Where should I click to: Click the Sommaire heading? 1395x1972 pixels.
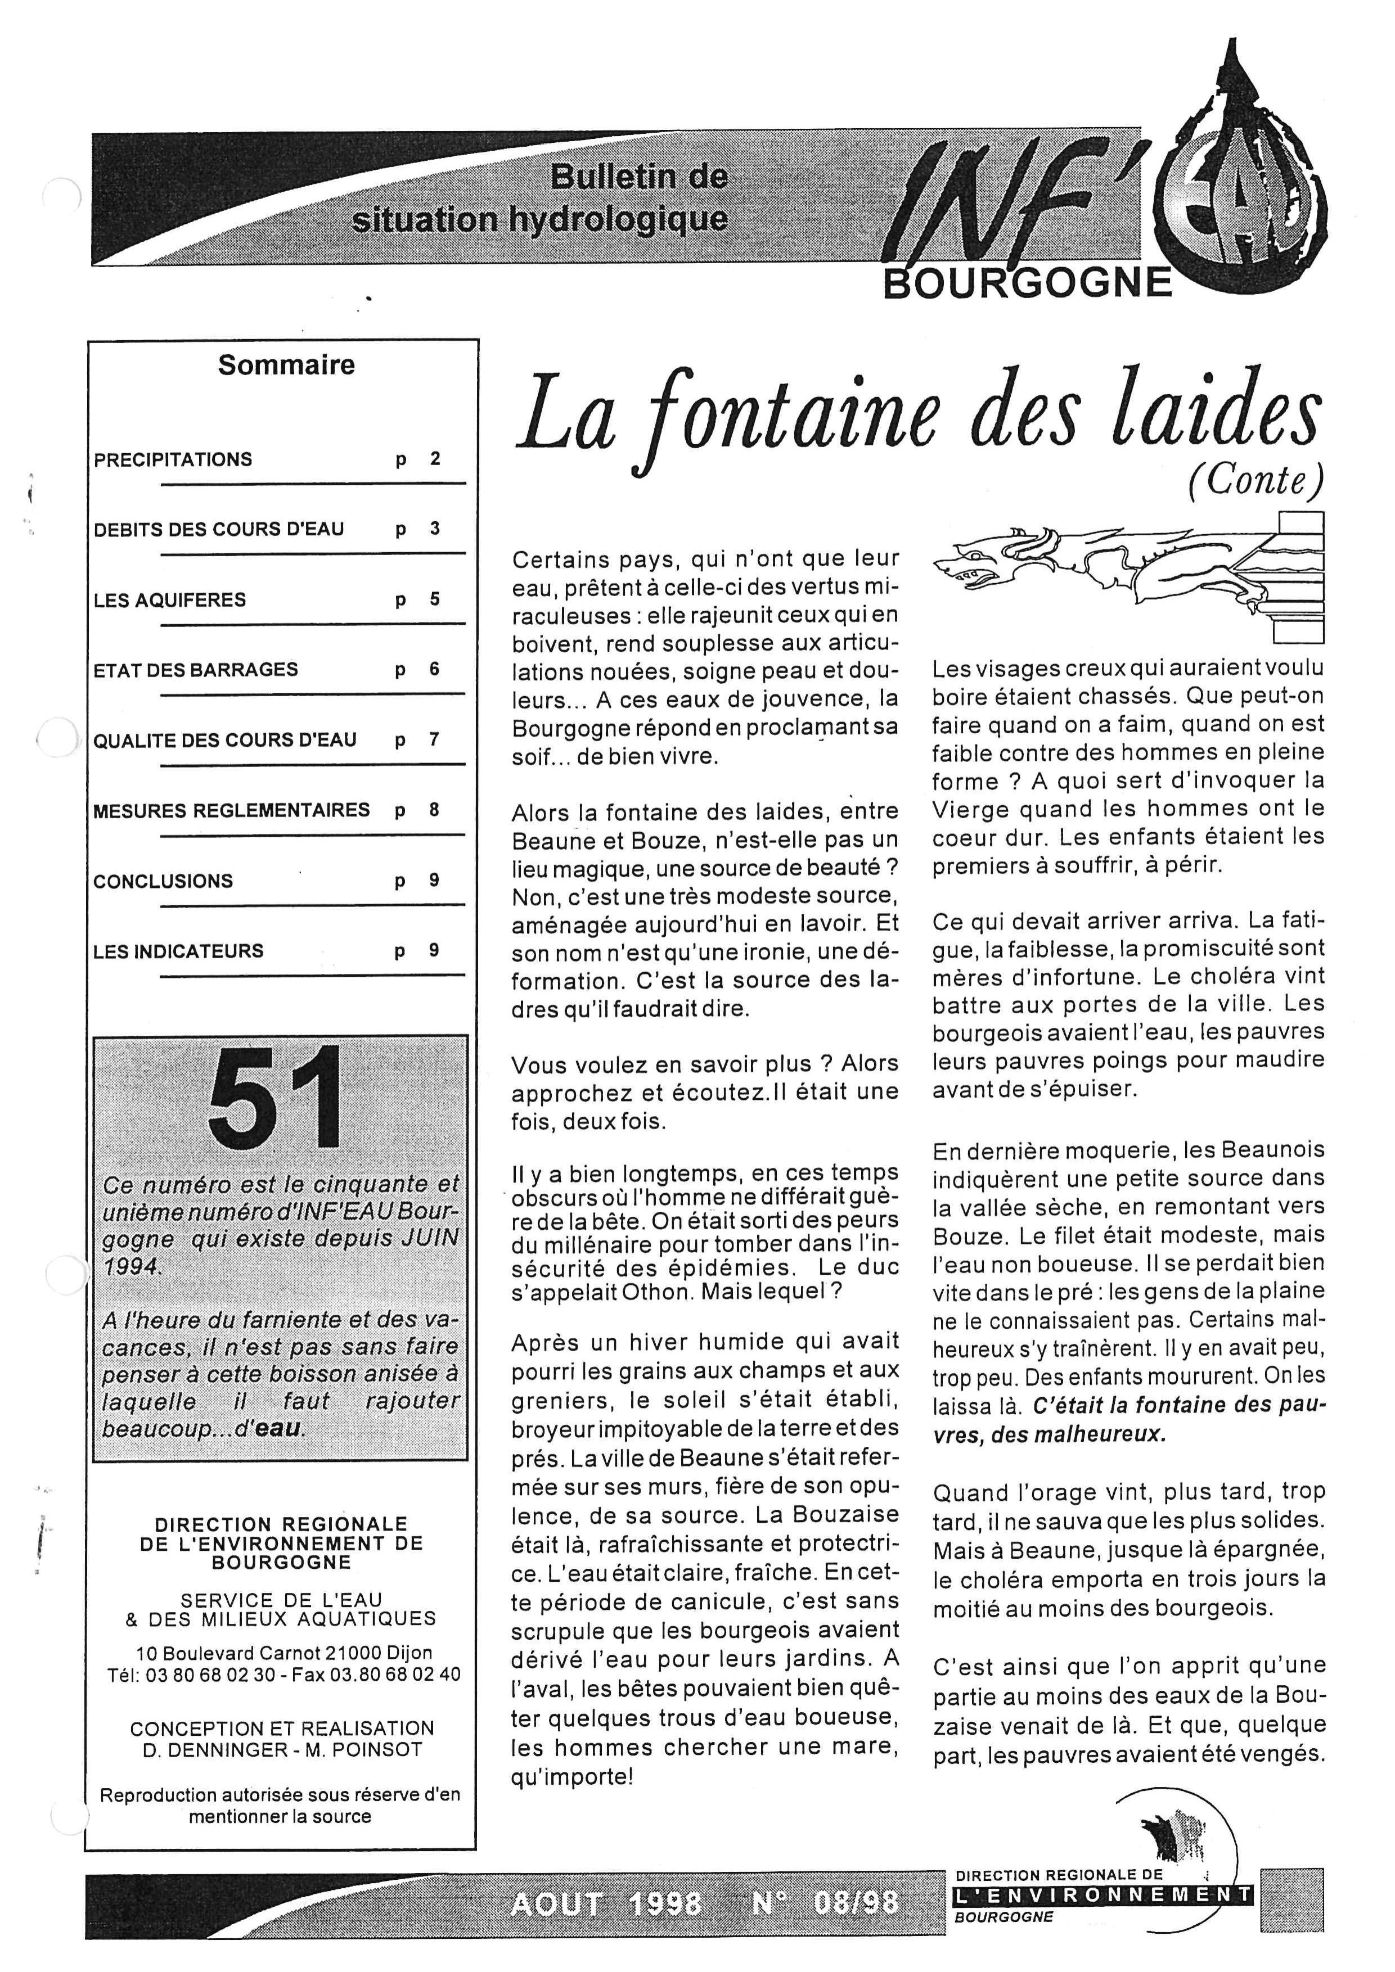click(x=286, y=365)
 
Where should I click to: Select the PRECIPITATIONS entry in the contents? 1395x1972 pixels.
click(x=173, y=459)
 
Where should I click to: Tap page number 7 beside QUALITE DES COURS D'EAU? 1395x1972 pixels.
click(x=434, y=739)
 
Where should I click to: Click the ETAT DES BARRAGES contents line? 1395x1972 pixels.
click(x=196, y=670)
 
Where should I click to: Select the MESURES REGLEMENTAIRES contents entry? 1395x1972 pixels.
click(x=232, y=810)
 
